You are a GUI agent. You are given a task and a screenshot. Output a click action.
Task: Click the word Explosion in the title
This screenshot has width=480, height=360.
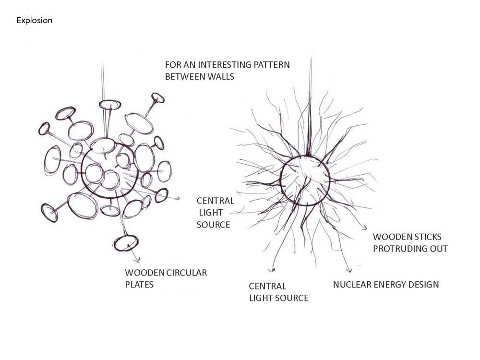tap(34, 21)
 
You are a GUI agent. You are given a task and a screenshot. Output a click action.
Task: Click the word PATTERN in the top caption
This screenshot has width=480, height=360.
tap(271, 64)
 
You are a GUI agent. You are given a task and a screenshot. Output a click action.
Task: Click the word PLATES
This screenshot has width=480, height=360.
tap(139, 284)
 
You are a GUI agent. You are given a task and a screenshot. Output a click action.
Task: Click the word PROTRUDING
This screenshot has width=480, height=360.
tap(402, 249)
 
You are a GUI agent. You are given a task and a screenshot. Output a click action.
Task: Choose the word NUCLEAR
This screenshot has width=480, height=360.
tap(352, 285)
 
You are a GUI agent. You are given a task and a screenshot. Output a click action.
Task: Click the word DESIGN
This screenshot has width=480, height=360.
tap(424, 285)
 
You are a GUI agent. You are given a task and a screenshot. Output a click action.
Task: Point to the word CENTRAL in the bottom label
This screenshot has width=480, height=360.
tap(267, 286)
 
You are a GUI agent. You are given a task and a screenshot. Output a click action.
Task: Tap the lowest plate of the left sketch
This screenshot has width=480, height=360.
tap(126, 243)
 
